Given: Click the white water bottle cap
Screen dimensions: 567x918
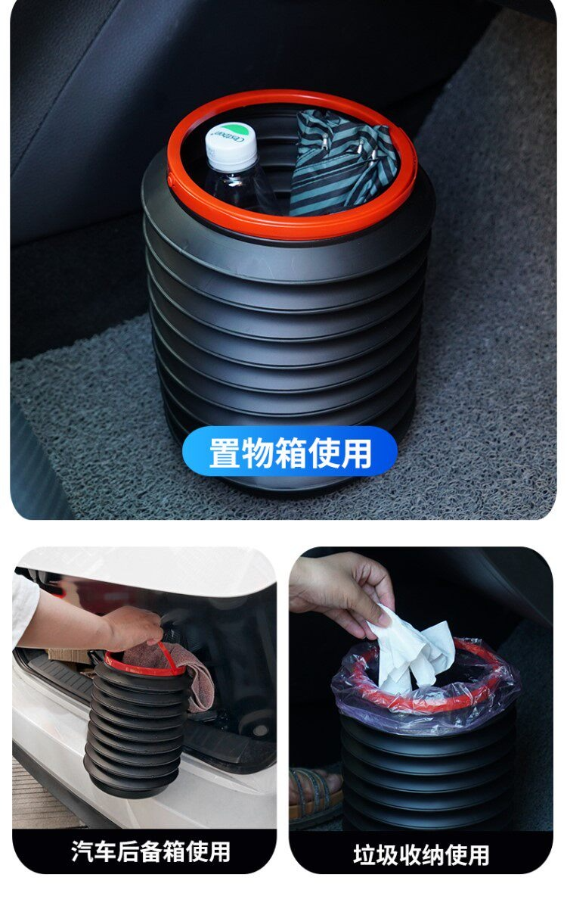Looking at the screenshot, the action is click(231, 145).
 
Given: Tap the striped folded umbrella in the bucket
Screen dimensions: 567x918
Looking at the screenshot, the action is click(342, 163).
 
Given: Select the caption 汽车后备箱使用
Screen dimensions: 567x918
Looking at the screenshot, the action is click(150, 851).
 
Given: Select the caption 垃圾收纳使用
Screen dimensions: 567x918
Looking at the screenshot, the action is click(421, 854).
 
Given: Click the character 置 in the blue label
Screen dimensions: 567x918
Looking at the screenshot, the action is click(225, 453).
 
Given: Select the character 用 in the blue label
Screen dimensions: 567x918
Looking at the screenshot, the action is click(356, 453).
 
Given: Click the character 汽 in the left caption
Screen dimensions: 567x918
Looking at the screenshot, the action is click(82, 851).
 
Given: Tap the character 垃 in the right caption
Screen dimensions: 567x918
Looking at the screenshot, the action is click(363, 854).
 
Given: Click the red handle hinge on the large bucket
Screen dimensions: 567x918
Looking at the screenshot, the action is click(170, 179).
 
